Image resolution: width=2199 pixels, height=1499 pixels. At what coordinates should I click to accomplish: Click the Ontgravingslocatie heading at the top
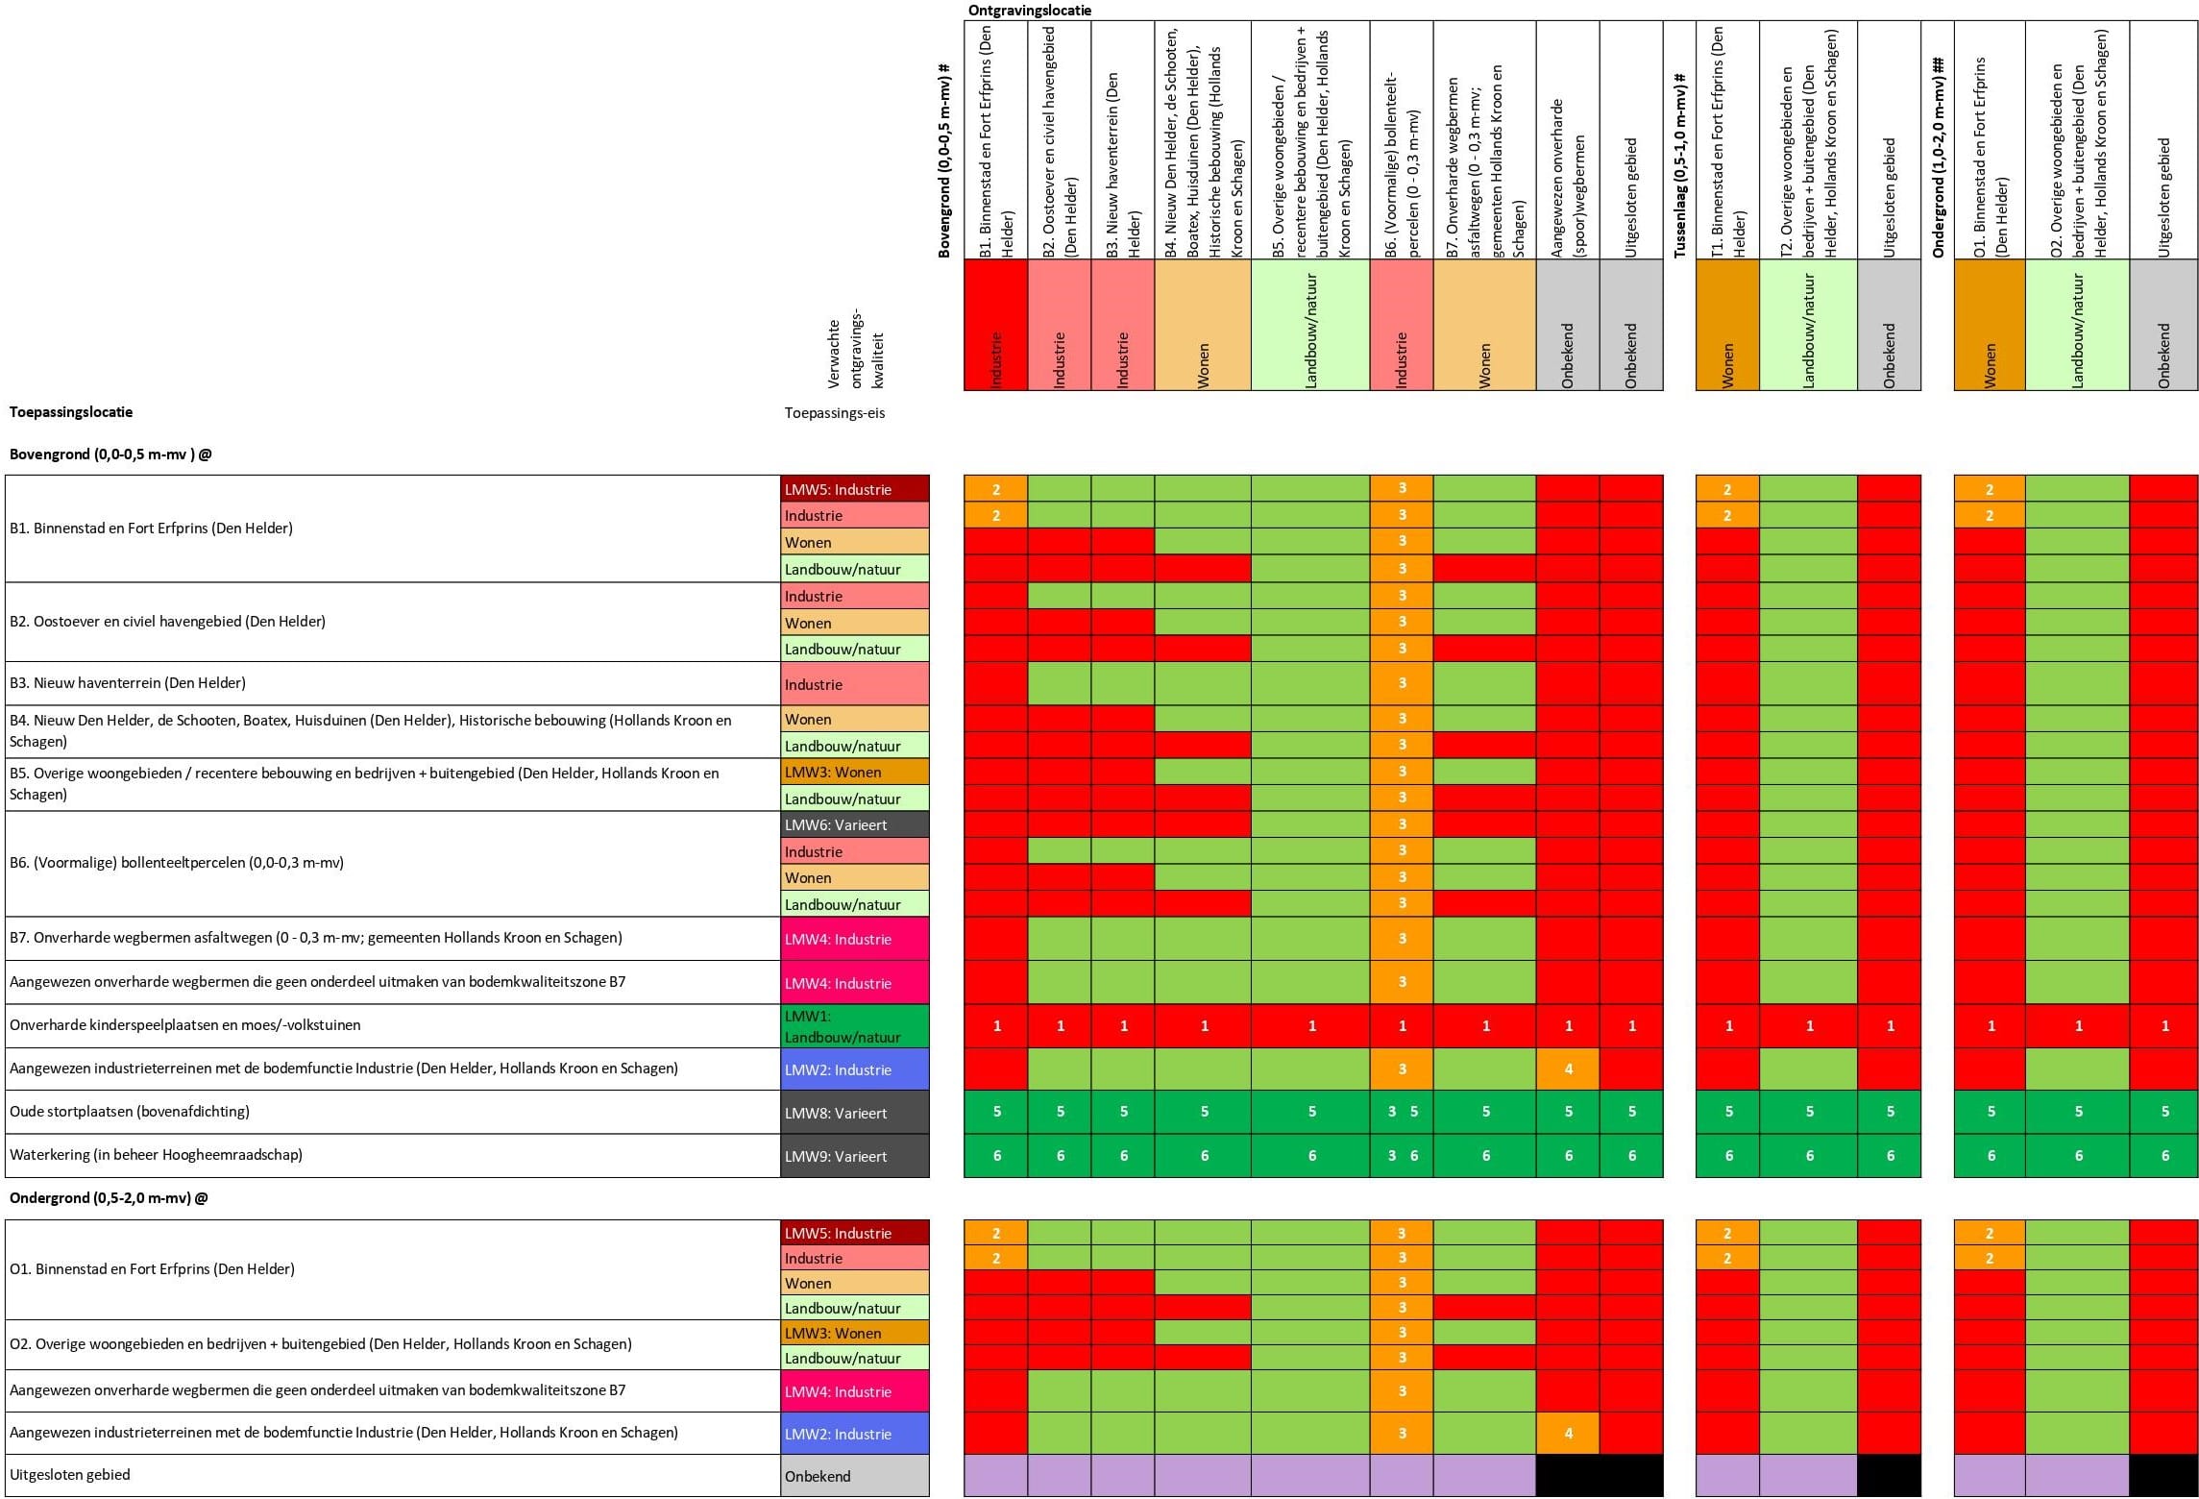tap(1029, 11)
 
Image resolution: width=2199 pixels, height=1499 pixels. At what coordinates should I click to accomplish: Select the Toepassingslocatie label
tap(71, 412)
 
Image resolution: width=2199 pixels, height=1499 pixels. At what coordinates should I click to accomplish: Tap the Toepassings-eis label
tap(834, 413)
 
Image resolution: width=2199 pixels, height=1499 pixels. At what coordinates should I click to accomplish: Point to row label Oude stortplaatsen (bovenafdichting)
tap(130, 1112)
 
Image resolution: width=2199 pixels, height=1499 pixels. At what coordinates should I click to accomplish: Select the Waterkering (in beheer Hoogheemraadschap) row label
tap(156, 1155)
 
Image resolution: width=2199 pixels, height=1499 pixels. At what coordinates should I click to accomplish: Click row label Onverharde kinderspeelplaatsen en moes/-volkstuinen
tap(185, 1025)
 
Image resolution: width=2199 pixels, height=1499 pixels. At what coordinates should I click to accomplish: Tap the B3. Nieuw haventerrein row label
tap(128, 683)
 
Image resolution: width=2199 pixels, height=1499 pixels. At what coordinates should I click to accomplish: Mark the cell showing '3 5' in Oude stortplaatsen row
tap(1402, 1112)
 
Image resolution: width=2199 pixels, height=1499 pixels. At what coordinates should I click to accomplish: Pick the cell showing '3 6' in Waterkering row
tap(1402, 1156)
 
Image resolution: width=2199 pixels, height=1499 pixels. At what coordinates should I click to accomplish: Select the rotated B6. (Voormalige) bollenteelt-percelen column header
tap(1402, 163)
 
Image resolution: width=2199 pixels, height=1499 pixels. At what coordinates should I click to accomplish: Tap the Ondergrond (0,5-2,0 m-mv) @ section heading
tap(109, 1198)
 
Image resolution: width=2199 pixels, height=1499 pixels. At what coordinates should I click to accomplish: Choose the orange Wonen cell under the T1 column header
tap(1727, 325)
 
